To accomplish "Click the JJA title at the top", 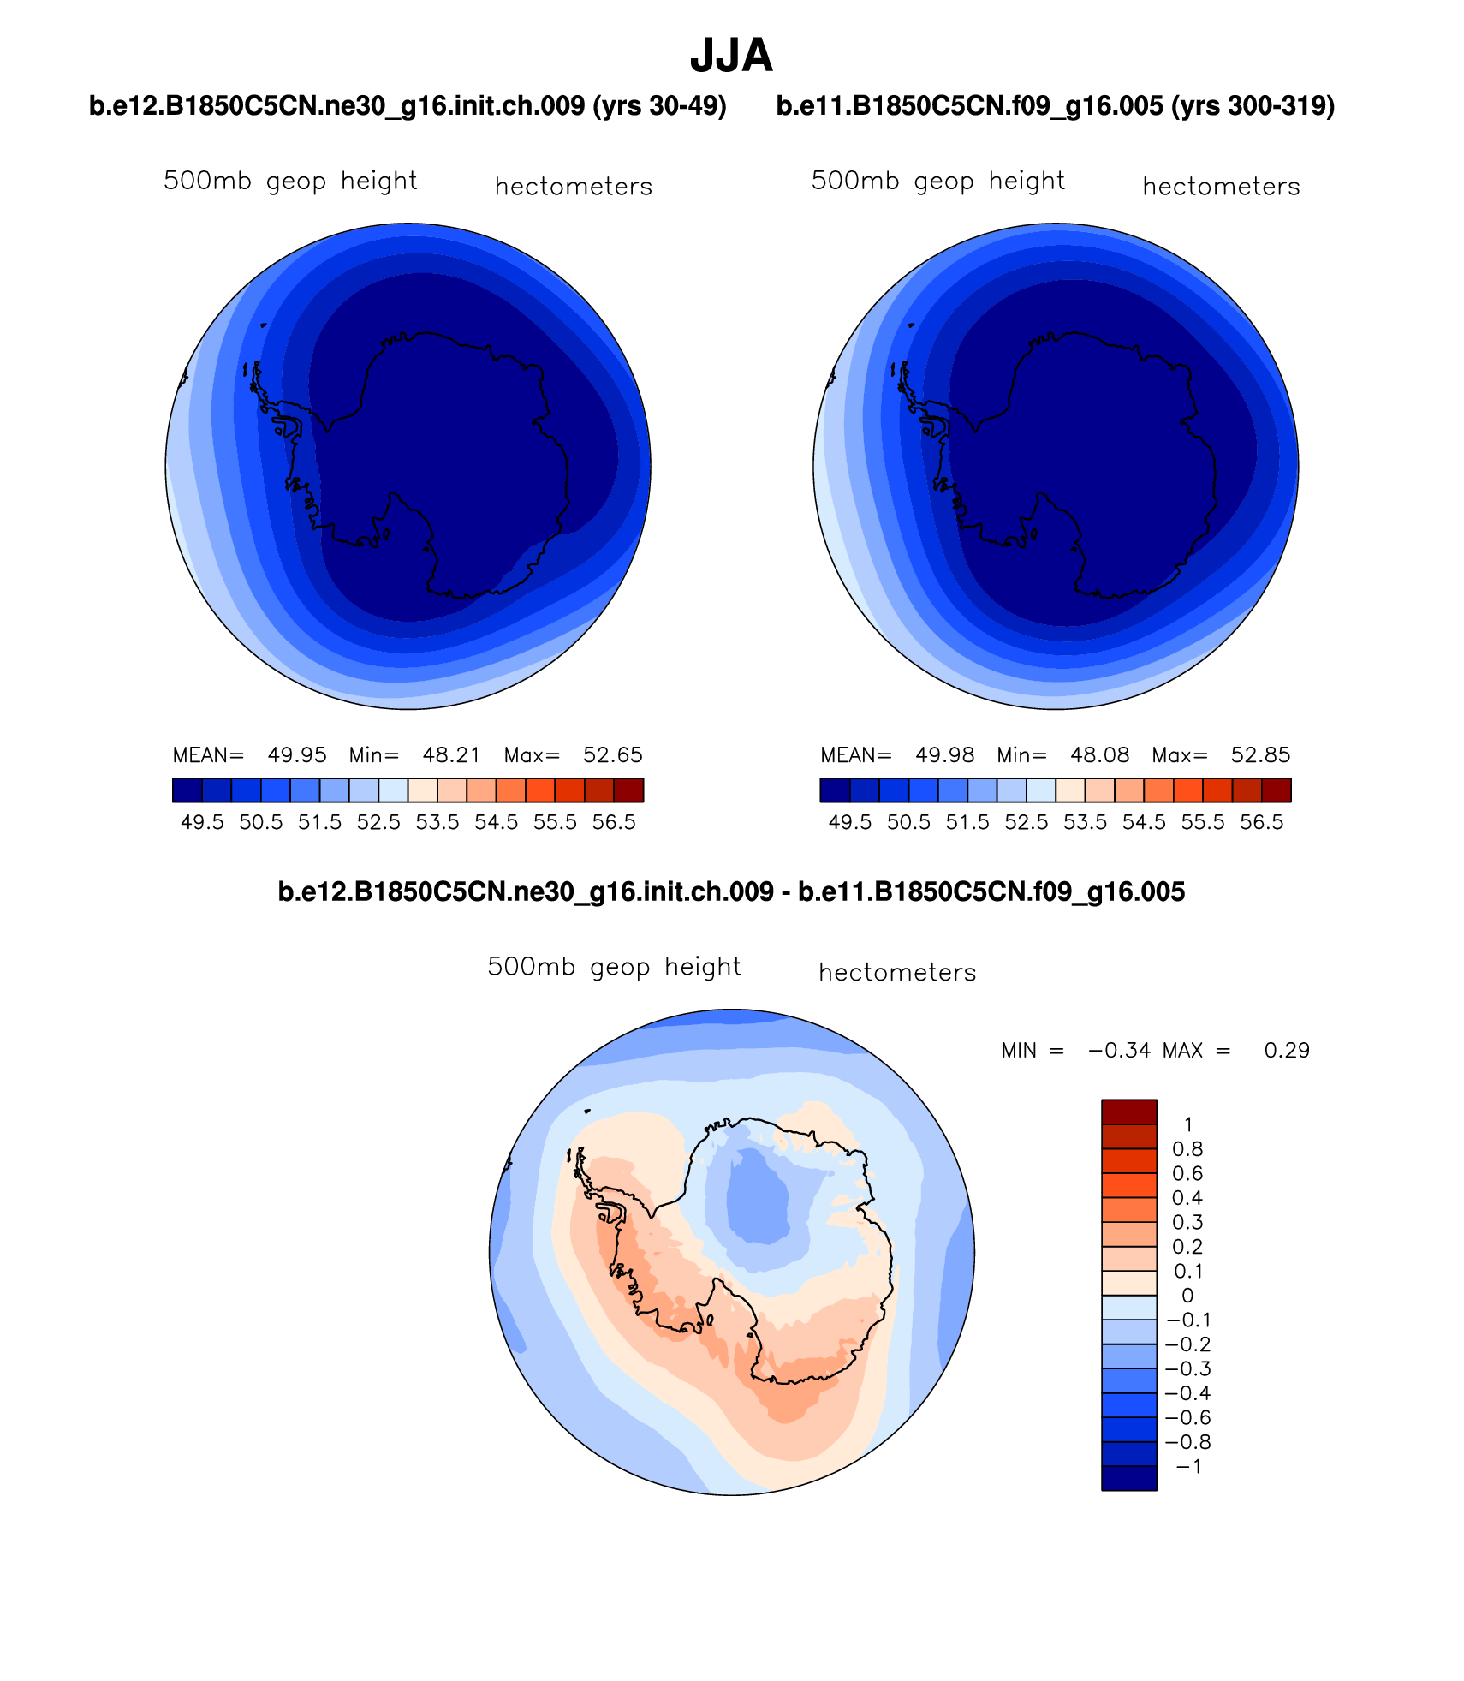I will click(x=731, y=57).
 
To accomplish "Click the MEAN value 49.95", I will click(x=297, y=755).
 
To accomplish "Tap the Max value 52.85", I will click(x=1260, y=755).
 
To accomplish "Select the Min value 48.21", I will click(x=451, y=755).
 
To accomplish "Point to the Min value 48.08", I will click(x=1099, y=755).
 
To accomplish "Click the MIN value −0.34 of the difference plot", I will click(x=1119, y=1051).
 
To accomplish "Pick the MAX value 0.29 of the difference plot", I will click(x=1287, y=1051).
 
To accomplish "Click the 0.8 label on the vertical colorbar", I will click(x=1187, y=1149).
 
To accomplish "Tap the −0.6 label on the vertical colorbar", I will click(x=1187, y=1418).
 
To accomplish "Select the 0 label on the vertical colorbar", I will click(x=1187, y=1296).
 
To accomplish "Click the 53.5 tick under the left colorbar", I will click(x=437, y=823).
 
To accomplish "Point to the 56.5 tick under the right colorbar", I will click(x=1261, y=823).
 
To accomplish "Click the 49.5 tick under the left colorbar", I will click(x=202, y=823).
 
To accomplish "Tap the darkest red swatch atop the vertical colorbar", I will click(x=1128, y=1112).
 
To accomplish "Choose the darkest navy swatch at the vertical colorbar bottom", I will click(x=1128, y=1478).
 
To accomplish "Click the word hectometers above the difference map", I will click(x=897, y=973).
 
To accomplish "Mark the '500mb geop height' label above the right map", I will click(x=937, y=182).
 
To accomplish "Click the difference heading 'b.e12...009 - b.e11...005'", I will click(x=731, y=892).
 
